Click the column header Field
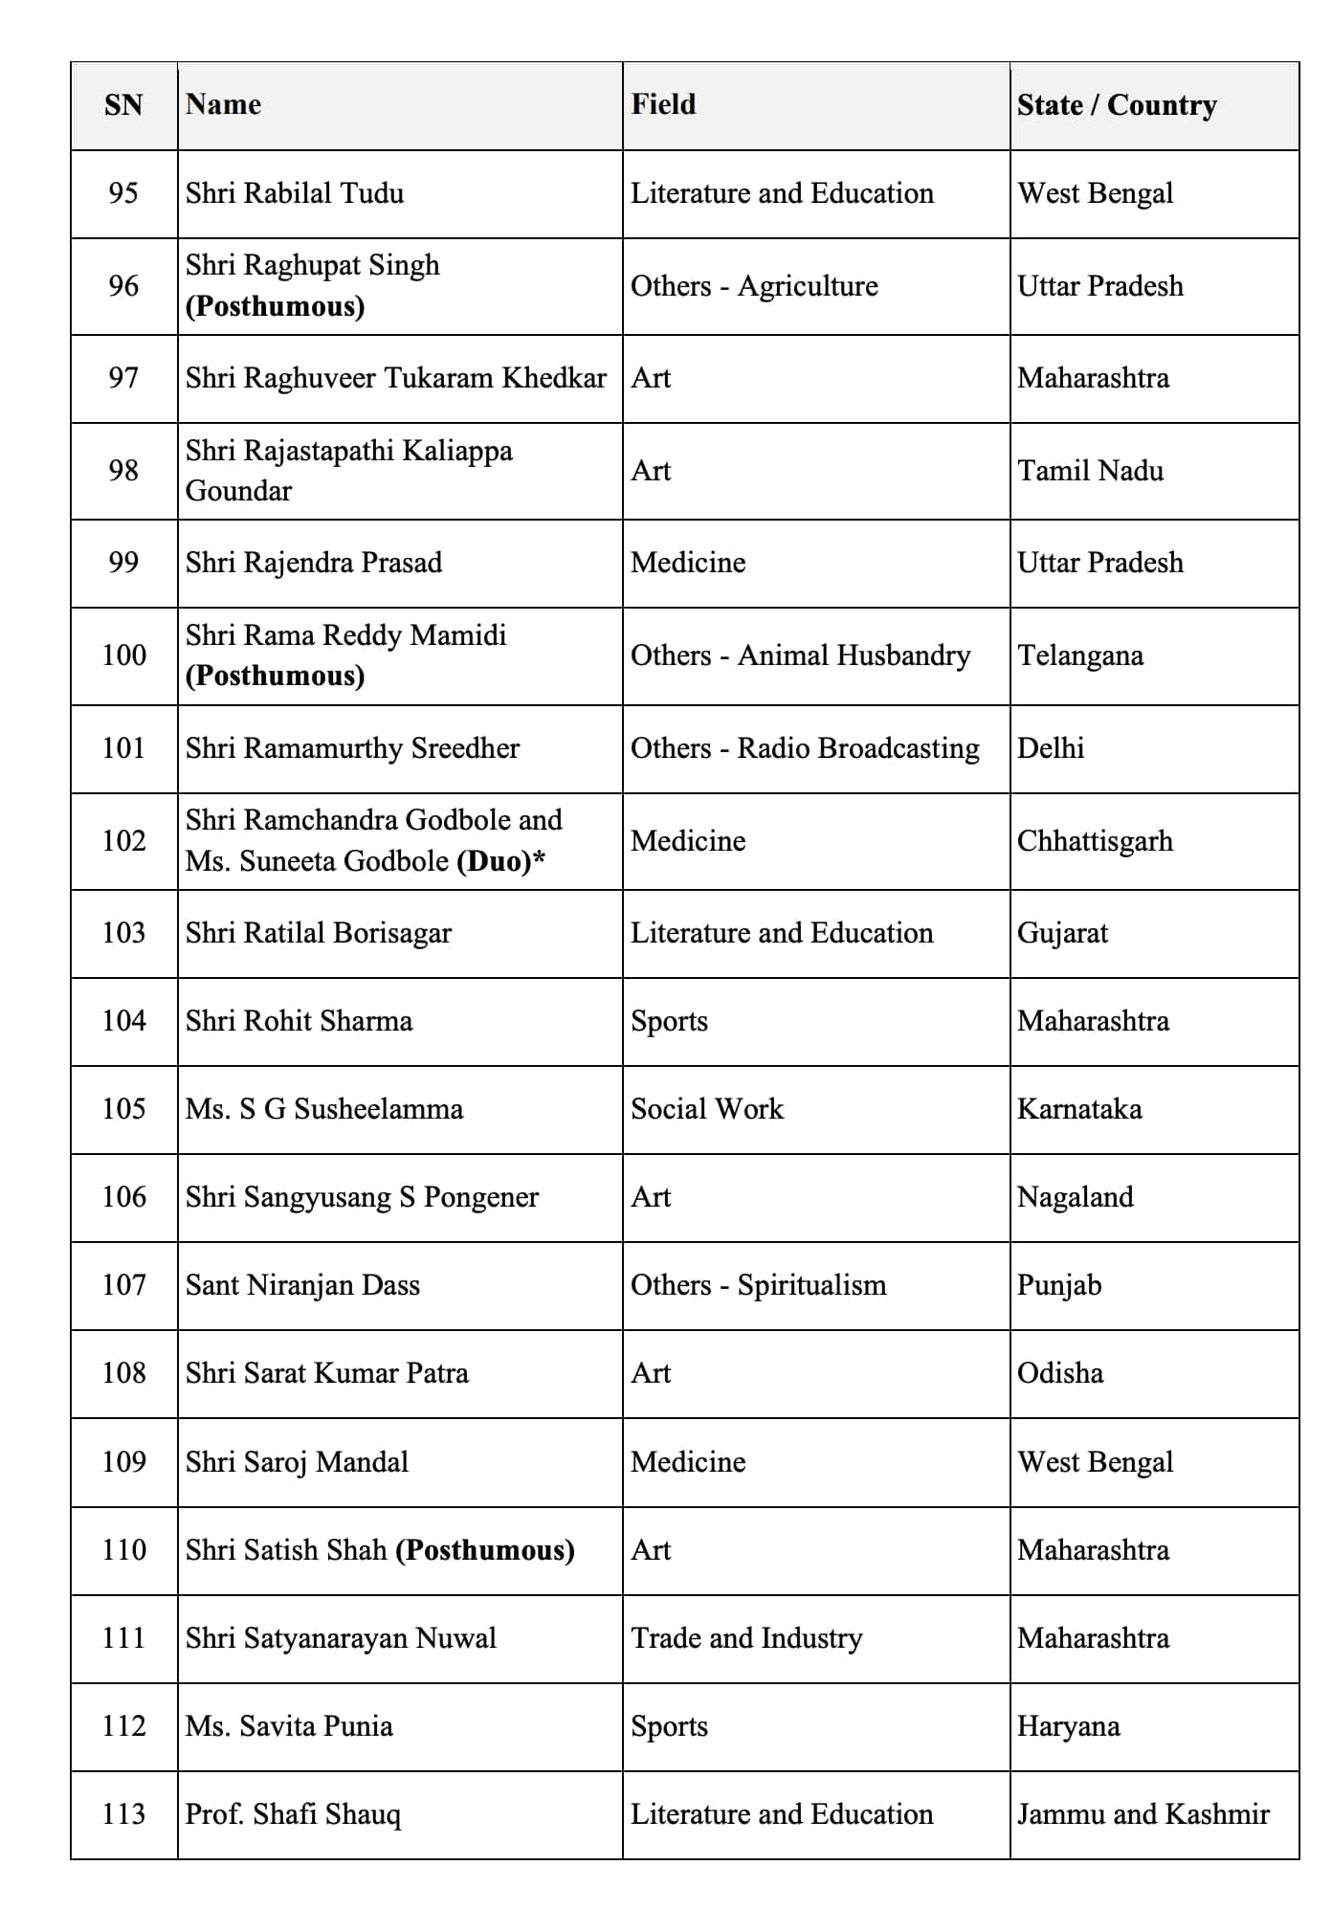(663, 104)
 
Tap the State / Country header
(1117, 104)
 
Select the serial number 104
(123, 1021)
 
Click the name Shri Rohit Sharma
(299, 1021)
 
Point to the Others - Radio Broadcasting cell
(805, 748)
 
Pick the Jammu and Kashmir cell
(1143, 1814)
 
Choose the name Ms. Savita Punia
(289, 1726)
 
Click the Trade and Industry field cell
(746, 1638)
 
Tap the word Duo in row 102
(494, 861)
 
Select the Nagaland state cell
(1075, 1197)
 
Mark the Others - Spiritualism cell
(758, 1285)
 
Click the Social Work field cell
(706, 1109)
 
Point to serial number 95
(123, 193)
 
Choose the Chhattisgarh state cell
(1095, 841)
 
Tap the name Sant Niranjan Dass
(302, 1285)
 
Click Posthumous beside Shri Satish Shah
(485, 1550)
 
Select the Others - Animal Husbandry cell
(800, 655)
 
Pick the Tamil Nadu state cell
(1090, 471)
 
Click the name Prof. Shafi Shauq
(293, 1814)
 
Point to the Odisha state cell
(1059, 1373)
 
